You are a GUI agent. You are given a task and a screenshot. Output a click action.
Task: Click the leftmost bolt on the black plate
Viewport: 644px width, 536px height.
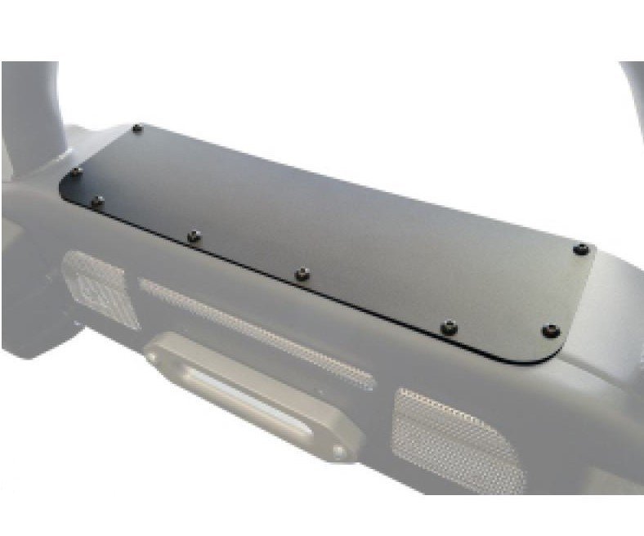(x=76, y=172)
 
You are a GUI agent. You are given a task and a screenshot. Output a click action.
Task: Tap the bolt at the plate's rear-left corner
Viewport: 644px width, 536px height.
(x=137, y=128)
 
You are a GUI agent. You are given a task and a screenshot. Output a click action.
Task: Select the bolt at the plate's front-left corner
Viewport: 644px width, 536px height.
(x=98, y=200)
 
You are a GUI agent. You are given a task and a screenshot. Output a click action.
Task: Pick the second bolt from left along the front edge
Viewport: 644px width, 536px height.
(x=194, y=236)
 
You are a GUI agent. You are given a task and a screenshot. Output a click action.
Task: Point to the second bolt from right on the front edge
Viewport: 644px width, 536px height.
(x=448, y=328)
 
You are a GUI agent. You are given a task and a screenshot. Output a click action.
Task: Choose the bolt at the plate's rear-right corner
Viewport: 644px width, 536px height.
(x=581, y=248)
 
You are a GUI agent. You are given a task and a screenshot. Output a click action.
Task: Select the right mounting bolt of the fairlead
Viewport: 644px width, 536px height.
(x=338, y=450)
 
